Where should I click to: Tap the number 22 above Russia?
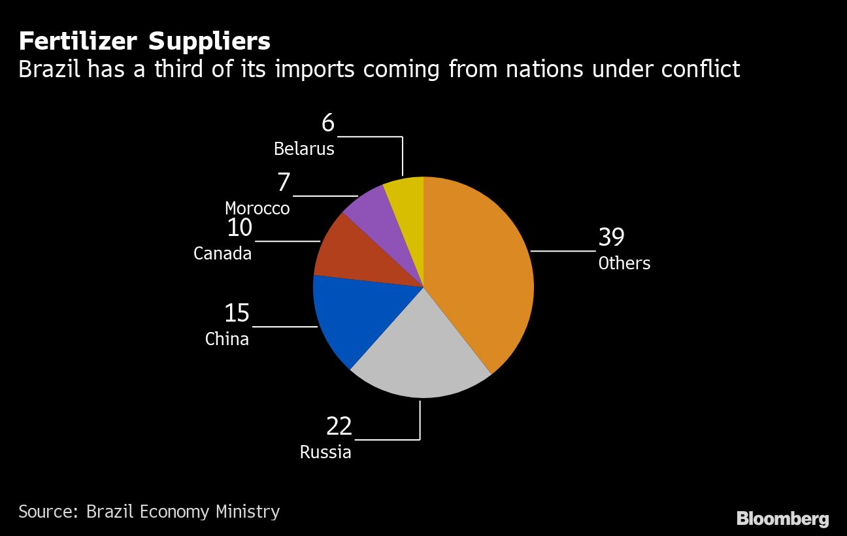coord(339,426)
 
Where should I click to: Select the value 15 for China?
coord(237,313)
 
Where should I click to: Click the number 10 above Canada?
coord(239,228)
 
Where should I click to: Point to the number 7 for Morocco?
coord(283,182)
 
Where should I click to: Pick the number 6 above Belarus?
coord(327,122)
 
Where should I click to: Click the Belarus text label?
coord(304,149)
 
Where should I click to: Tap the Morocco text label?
coord(257,209)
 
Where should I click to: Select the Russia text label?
coord(325,452)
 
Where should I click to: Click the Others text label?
coord(624,263)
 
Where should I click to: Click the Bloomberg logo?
coord(782,519)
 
